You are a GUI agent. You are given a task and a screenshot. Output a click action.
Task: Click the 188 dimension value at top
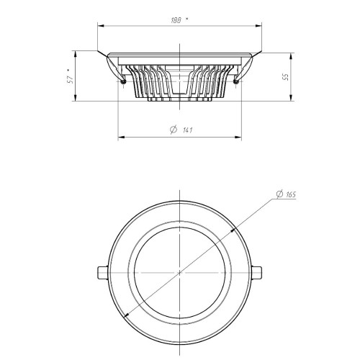coord(176,20)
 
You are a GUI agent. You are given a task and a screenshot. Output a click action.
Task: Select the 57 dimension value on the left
coord(70,79)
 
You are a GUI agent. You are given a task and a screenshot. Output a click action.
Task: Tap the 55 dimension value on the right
coord(286,77)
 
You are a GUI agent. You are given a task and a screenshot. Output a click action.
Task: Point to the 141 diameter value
coord(187,130)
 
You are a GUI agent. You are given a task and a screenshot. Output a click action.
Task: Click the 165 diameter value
coord(291,194)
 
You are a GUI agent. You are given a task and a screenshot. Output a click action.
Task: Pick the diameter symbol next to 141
coord(174,130)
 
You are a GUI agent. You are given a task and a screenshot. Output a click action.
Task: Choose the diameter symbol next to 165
coord(279,194)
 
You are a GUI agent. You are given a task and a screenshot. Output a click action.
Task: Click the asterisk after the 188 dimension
coord(187,19)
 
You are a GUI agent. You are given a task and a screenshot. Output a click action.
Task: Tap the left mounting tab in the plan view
coord(103,273)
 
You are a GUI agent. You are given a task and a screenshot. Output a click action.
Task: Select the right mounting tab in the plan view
coord(256,273)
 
